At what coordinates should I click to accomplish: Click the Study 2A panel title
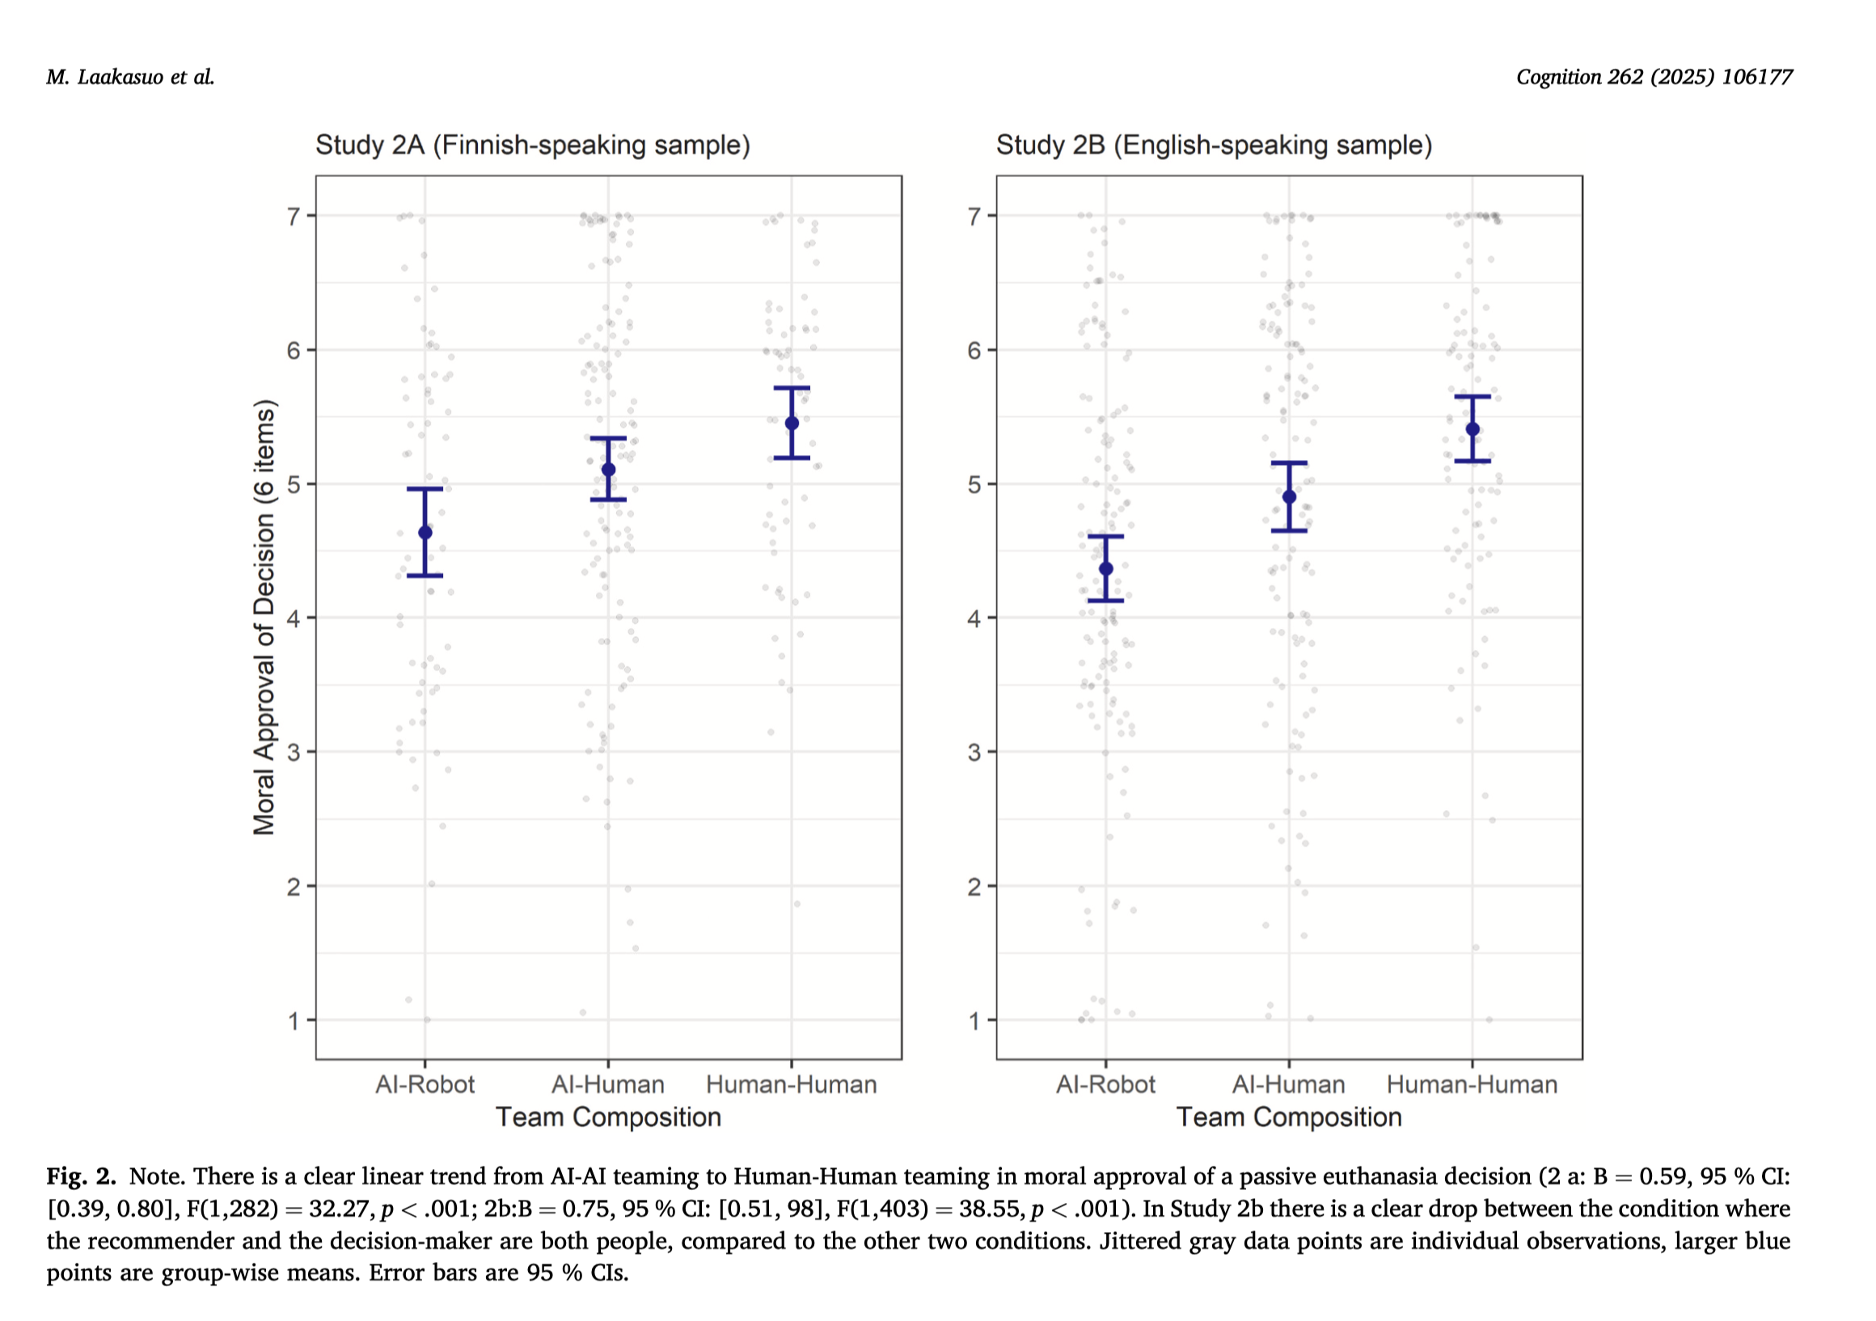[533, 146]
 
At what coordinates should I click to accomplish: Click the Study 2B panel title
[1214, 146]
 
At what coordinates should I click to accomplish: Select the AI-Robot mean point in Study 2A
[425, 533]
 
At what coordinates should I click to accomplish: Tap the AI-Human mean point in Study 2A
[609, 470]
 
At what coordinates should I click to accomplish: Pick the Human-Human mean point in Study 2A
[792, 423]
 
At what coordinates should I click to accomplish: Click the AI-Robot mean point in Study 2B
[1106, 568]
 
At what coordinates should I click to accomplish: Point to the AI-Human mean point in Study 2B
[1289, 496]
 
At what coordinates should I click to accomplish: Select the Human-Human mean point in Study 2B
[1472, 429]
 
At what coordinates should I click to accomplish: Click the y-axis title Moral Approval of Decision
[264, 617]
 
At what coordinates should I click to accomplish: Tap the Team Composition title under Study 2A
[609, 1116]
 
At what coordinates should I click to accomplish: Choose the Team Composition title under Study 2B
[1289, 1116]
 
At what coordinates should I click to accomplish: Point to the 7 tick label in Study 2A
[294, 217]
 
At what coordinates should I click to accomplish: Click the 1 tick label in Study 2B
[974, 1021]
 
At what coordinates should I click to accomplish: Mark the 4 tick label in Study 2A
[294, 618]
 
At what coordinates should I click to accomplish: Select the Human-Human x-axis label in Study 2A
[792, 1085]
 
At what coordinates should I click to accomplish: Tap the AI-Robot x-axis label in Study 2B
[1105, 1085]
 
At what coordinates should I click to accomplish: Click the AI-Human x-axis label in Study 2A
[608, 1085]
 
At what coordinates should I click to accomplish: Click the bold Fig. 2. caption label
[81, 1176]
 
